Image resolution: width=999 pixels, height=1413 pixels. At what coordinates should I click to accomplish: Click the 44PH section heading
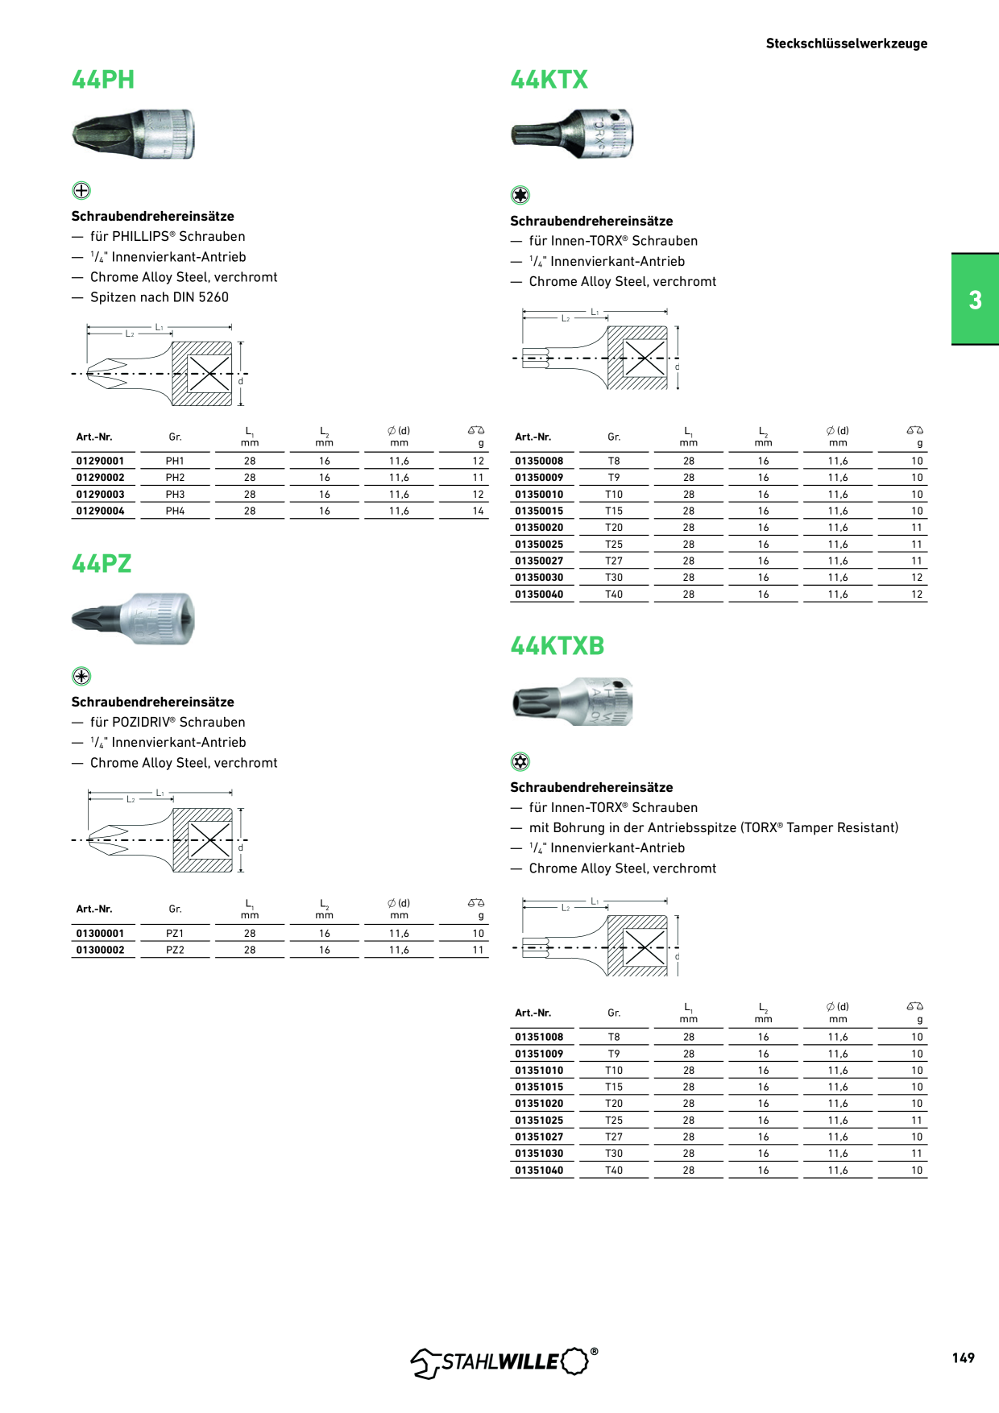103,80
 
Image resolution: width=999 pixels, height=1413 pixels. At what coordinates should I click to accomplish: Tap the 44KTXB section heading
557,646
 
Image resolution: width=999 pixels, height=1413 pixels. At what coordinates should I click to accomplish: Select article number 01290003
101,495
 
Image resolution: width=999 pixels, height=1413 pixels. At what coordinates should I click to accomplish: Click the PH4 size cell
175,511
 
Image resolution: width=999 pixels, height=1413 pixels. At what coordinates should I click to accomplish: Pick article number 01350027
539,561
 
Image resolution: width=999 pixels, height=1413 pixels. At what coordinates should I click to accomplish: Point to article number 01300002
101,950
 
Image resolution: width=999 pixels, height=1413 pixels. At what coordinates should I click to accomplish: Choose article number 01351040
539,1170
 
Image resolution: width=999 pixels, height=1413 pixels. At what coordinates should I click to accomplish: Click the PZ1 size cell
175,933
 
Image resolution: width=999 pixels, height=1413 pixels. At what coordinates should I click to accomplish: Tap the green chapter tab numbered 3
975,300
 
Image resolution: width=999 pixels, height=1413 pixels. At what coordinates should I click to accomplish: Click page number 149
963,1357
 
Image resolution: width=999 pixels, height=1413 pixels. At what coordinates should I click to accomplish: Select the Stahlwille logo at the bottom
504,1361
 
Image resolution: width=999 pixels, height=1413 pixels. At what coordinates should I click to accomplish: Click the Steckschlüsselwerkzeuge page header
846,44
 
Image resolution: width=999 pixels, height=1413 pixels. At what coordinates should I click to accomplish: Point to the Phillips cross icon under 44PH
81,191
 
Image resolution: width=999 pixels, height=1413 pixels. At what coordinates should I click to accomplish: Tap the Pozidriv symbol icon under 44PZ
81,676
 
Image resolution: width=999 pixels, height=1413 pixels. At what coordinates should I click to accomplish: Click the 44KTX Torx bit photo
572,134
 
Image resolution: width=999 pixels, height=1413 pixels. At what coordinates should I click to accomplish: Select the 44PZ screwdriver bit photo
133,619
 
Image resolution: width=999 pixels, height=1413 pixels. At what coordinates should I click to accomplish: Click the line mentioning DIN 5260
159,297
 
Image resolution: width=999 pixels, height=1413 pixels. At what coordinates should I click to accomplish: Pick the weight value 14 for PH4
479,511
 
